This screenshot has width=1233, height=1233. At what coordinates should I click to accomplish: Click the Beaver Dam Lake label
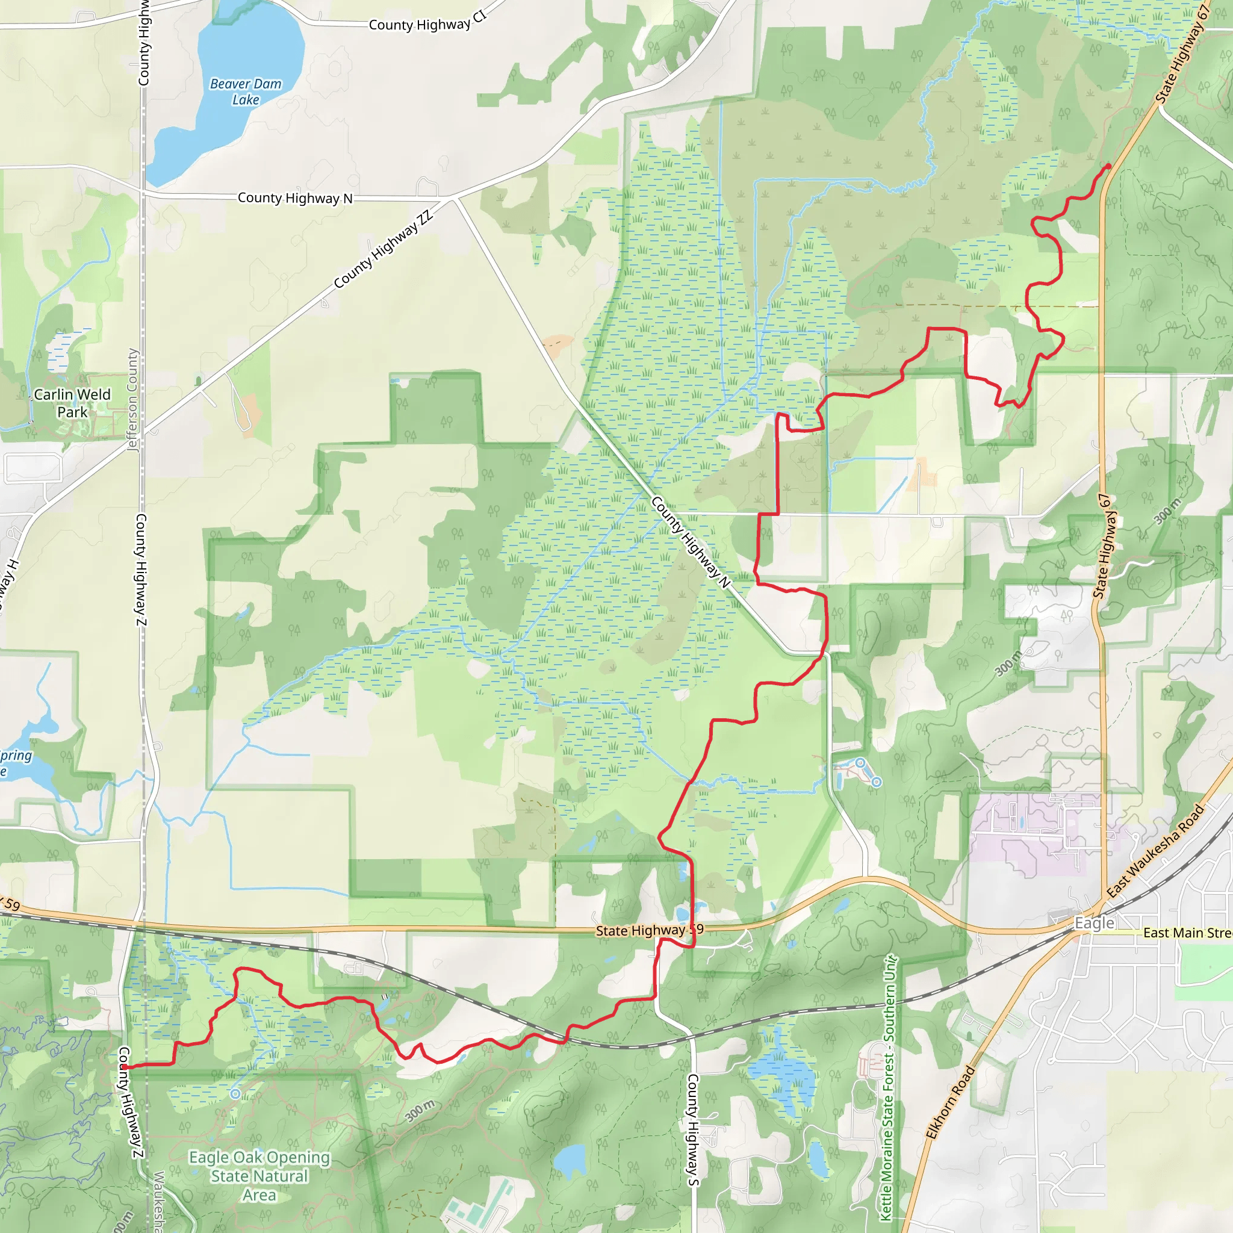[246, 92]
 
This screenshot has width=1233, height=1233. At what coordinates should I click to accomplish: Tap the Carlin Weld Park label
[72, 403]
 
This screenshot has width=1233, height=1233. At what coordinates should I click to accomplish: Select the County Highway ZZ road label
[384, 249]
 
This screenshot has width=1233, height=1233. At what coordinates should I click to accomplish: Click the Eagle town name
[1094, 924]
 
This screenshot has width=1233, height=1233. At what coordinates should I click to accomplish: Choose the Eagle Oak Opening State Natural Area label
[259, 1176]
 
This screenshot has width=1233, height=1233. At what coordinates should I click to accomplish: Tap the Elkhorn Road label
[950, 1102]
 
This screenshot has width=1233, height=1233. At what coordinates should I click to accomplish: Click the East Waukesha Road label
[1155, 851]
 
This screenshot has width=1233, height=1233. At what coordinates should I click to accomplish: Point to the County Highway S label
[692, 1129]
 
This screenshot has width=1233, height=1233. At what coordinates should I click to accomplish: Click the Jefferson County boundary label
[132, 400]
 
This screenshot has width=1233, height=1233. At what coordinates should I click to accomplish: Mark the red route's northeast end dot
[1108, 167]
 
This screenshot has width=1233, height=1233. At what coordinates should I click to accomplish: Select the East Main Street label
[1187, 933]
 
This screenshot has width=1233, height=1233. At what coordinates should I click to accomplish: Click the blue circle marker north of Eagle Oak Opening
[235, 1094]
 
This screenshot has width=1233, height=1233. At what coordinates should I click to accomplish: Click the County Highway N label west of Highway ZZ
[295, 199]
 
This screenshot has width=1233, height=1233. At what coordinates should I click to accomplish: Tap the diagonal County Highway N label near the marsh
[691, 542]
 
